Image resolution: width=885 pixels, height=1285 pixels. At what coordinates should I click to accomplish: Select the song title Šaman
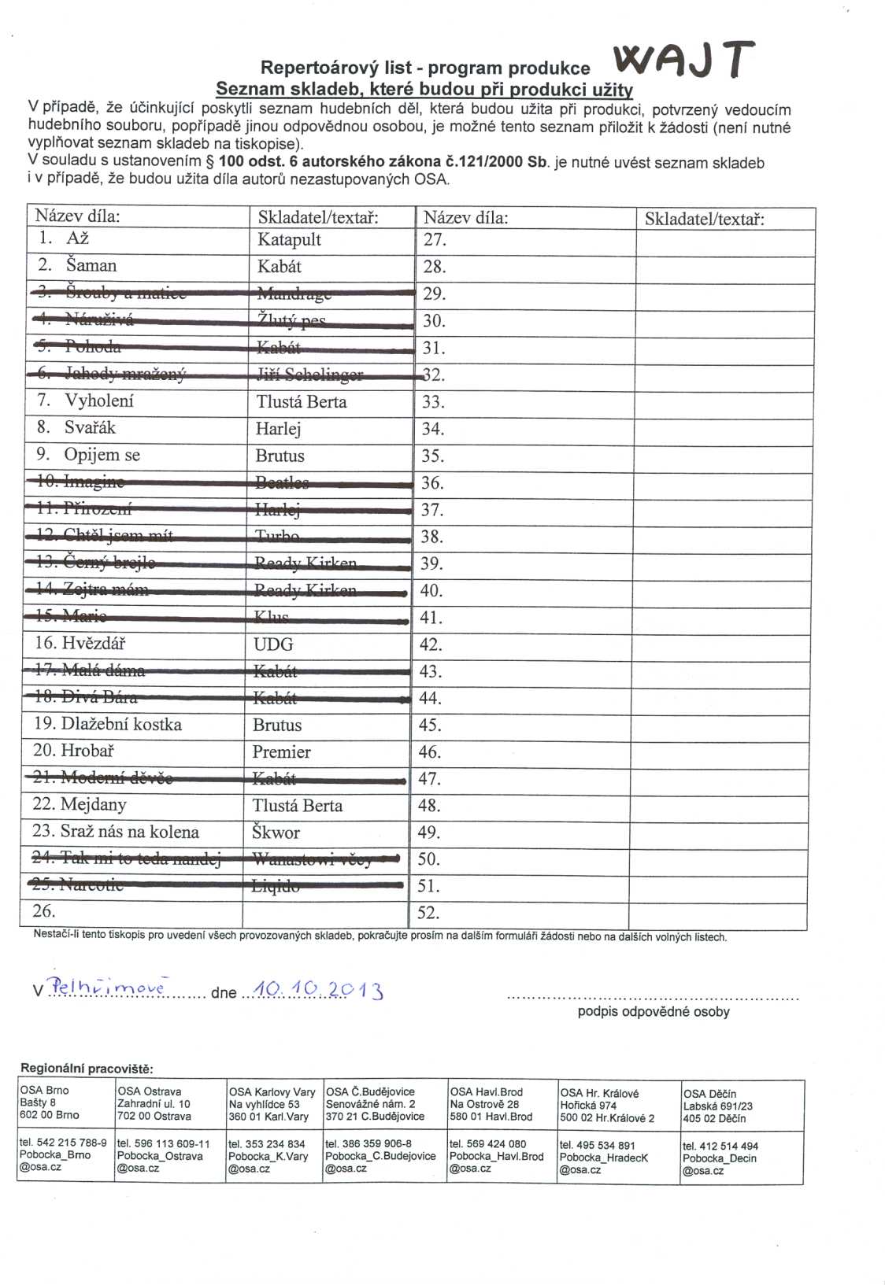tap(91, 265)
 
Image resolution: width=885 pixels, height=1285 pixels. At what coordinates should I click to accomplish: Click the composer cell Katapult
tap(289, 239)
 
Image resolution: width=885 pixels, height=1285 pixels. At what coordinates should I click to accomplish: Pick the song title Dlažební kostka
tap(121, 724)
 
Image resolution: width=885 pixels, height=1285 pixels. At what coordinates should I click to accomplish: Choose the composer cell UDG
tap(273, 644)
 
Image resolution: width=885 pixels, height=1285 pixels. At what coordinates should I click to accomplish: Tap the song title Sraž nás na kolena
tap(129, 832)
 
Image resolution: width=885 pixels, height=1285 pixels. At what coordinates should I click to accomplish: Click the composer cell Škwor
tap(276, 833)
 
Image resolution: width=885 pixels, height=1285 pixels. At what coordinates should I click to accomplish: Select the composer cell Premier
tap(281, 751)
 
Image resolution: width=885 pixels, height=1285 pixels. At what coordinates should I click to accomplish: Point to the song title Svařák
tap(90, 427)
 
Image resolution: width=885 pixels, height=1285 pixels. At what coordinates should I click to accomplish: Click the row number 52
tap(428, 913)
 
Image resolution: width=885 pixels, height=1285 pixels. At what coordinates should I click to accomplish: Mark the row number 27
tap(435, 239)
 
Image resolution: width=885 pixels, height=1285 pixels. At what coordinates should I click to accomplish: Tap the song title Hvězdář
tap(94, 643)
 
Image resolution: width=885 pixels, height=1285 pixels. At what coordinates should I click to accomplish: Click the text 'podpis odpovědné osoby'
tap(654, 1011)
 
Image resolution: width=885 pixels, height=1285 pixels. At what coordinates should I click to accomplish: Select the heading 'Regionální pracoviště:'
tap(87, 1068)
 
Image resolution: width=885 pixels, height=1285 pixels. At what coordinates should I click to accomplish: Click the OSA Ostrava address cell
tap(154, 1103)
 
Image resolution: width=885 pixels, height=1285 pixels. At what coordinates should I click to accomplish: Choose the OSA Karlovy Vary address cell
tap(272, 1104)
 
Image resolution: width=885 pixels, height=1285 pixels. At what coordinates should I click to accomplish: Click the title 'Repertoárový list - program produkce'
tap(425, 68)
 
